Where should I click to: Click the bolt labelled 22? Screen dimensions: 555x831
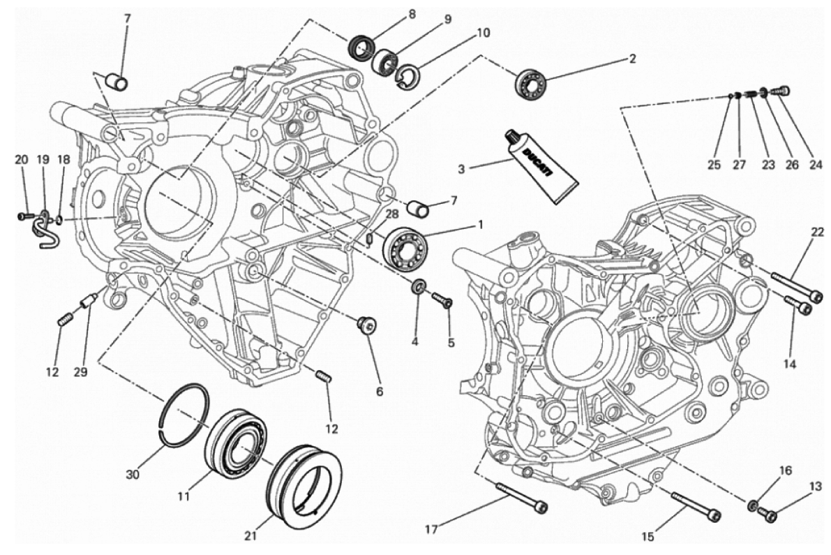pyautogui.click(x=795, y=286)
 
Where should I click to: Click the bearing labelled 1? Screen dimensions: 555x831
pyautogui.click(x=405, y=246)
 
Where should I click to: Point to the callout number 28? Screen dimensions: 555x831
pyautogui.click(x=391, y=214)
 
